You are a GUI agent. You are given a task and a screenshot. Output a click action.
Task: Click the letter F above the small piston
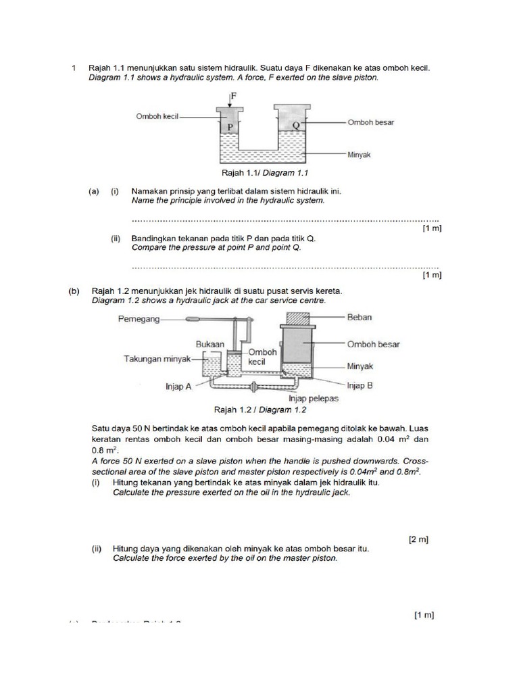pyautogui.click(x=234, y=96)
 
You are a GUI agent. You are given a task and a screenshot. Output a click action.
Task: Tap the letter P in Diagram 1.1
pyautogui.click(x=230, y=126)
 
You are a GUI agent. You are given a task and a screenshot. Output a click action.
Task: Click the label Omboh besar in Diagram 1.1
pyautogui.click(x=371, y=122)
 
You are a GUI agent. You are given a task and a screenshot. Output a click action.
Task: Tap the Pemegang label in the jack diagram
pyautogui.click(x=139, y=319)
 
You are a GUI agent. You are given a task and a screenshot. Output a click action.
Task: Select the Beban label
pyautogui.click(x=360, y=316)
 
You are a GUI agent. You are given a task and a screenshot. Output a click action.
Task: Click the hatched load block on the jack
pyautogui.click(x=300, y=318)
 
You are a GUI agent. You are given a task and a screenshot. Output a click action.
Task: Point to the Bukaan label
pyautogui.click(x=209, y=344)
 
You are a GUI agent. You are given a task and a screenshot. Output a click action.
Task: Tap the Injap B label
pyautogui.click(x=360, y=386)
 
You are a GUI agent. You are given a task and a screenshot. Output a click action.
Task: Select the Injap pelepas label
pyautogui.click(x=314, y=399)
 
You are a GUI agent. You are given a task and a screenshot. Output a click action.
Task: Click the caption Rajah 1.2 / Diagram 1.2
pyautogui.click(x=260, y=410)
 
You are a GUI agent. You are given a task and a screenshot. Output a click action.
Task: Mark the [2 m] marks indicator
pyautogui.click(x=419, y=539)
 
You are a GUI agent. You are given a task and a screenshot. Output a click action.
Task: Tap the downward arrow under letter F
pyautogui.click(x=230, y=101)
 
